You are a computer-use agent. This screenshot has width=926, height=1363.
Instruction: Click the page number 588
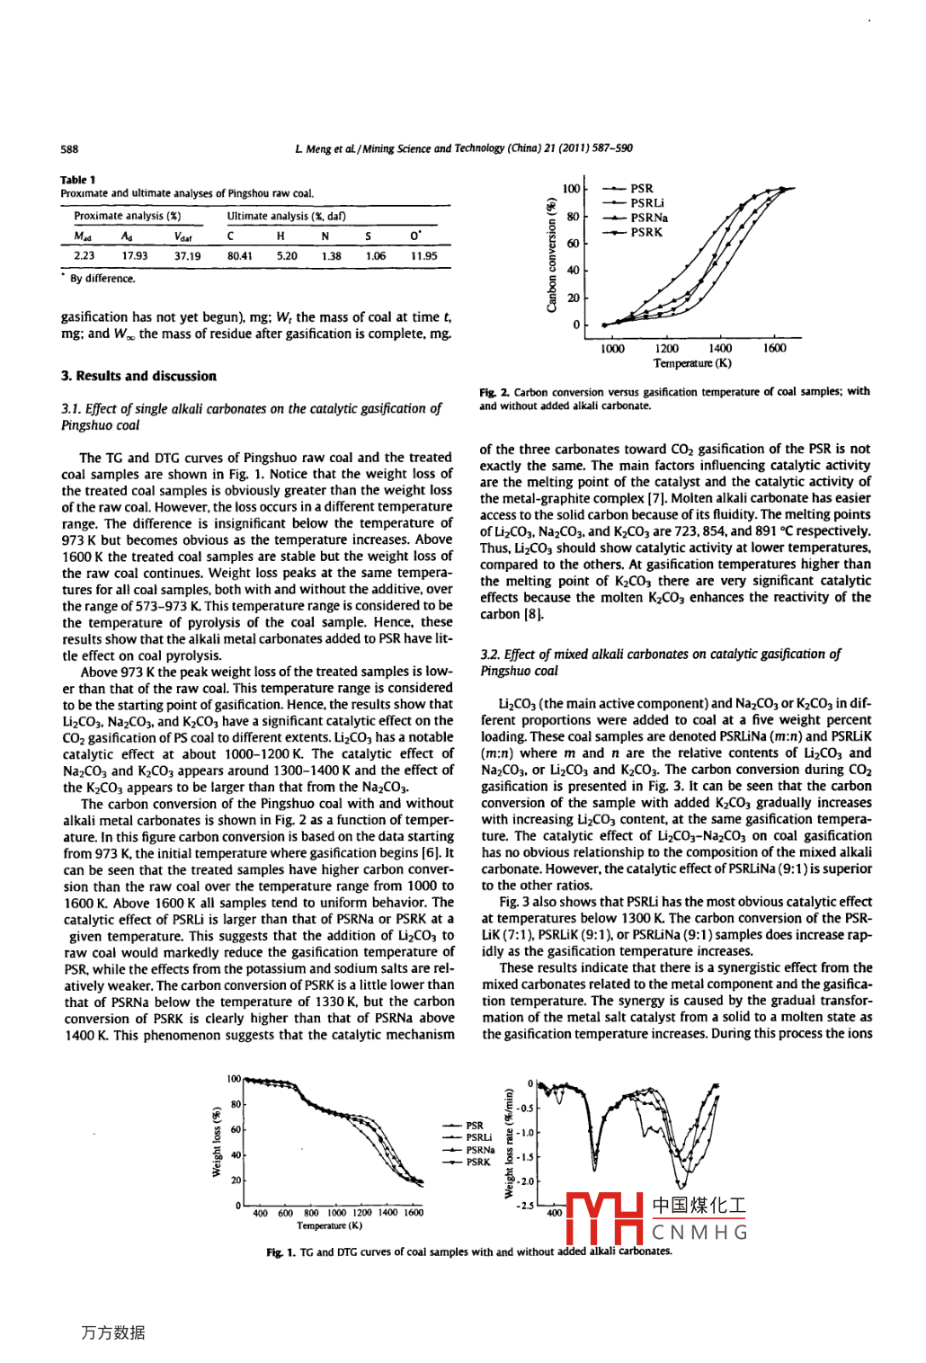pos(69,149)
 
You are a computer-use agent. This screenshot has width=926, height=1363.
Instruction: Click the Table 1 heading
pos(78,180)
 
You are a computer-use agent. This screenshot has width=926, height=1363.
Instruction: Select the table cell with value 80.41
pos(239,256)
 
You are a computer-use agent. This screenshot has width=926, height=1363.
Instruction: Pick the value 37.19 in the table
pos(187,256)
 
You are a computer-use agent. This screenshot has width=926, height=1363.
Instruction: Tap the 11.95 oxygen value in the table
pos(423,256)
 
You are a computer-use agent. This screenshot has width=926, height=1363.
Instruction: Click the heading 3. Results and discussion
pos(138,376)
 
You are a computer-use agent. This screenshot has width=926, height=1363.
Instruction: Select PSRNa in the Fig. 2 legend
pos(648,218)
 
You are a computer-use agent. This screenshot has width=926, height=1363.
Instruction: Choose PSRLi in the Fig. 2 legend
pos(646,203)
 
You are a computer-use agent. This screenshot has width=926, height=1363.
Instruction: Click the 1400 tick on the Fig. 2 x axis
pos(720,349)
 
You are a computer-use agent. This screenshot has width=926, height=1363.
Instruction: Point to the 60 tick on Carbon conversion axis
pos(573,243)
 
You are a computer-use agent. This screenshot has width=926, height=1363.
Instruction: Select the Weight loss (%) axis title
pos(217,1142)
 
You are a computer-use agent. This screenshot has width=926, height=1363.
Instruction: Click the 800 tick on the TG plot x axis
pos(311,1213)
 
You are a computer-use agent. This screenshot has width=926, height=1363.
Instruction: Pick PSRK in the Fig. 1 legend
pos(478,1162)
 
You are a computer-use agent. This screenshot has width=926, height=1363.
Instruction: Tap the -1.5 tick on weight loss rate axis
pos(525,1157)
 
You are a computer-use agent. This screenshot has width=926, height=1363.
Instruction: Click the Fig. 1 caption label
pos(280,1252)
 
